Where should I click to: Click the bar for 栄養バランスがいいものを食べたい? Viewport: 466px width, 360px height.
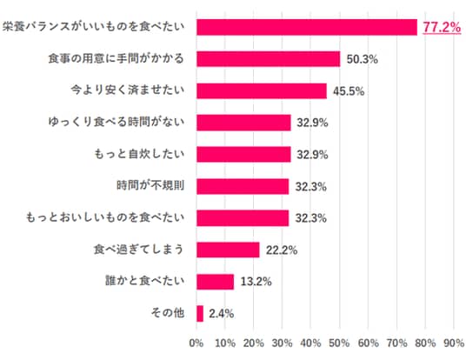point(307,27)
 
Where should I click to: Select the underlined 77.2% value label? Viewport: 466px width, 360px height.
point(442,27)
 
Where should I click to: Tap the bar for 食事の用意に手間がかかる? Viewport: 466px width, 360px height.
point(268,59)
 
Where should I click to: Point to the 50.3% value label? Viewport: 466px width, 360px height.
point(363,59)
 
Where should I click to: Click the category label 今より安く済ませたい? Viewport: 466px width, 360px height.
point(128,90)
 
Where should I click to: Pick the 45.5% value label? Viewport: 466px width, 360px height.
point(349,91)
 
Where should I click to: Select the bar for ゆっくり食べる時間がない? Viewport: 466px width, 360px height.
point(243,123)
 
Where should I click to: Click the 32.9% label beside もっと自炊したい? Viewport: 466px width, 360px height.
point(312,155)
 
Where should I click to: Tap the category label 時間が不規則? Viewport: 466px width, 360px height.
point(150,185)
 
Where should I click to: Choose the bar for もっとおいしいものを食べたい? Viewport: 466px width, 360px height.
point(243,218)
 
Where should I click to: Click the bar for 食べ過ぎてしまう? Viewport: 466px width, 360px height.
point(228,250)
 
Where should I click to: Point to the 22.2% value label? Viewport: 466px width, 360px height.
point(282,250)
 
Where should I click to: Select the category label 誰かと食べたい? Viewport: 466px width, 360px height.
point(145,281)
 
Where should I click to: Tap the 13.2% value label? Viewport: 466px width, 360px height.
point(256,282)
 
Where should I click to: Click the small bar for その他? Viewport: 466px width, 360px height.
point(200,314)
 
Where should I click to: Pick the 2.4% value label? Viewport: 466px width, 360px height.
point(221,314)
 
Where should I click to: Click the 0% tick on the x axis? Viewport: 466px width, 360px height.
point(196,343)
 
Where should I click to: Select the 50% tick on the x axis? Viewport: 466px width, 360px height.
point(339,343)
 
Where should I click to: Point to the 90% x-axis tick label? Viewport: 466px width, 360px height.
point(454,343)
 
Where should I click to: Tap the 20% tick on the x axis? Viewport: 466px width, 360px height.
point(254,343)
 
